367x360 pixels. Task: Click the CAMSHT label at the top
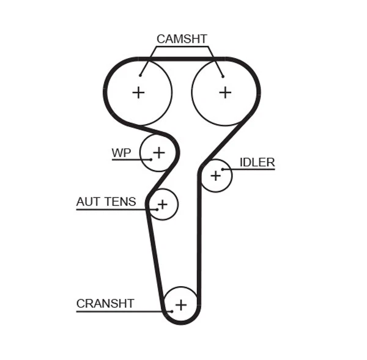click(182, 39)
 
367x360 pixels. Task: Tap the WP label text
click(121, 153)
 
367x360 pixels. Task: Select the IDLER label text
click(257, 163)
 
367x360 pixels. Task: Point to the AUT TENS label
click(106, 202)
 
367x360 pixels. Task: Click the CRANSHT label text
click(105, 304)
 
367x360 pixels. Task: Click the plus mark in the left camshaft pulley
click(139, 92)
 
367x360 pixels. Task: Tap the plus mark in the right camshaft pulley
click(225, 92)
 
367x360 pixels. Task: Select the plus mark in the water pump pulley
click(158, 152)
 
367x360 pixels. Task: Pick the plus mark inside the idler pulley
click(215, 176)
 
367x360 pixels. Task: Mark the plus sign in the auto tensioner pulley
click(162, 203)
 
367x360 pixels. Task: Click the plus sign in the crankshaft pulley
click(180, 304)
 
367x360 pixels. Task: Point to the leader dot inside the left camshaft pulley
click(140, 75)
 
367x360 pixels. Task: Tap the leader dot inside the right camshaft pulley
click(223, 76)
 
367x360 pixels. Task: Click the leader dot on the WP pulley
click(150, 160)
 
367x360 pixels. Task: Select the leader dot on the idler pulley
click(223, 169)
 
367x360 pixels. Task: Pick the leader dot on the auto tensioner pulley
click(157, 210)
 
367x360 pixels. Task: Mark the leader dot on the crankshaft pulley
click(172, 311)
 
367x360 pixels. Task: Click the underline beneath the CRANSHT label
click(122, 312)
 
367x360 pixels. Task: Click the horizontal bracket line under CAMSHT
click(182, 47)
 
